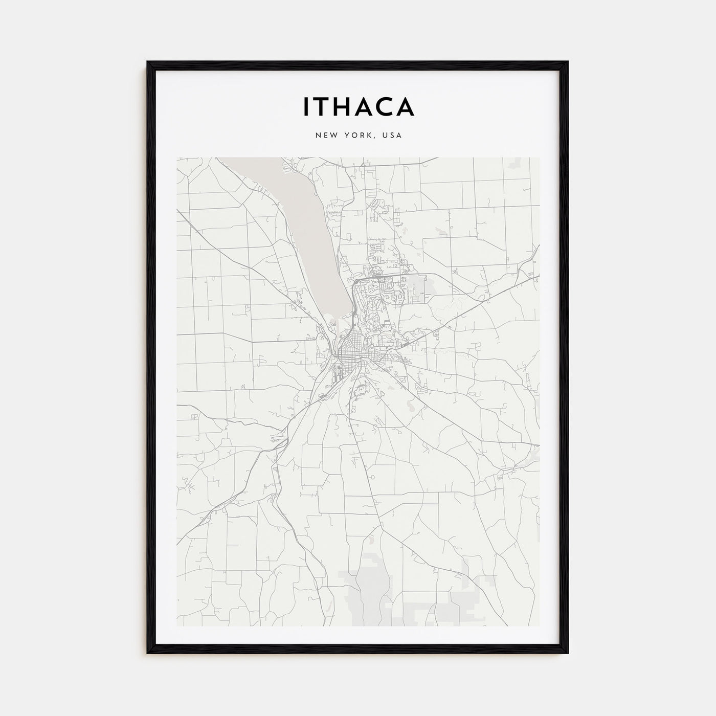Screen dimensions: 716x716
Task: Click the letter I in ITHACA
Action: (x=306, y=106)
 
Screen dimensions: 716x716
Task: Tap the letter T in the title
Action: (x=321, y=106)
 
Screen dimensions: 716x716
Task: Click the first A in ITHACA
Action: (x=364, y=106)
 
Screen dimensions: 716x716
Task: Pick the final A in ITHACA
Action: (x=405, y=106)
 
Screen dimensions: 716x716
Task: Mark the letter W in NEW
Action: (x=333, y=136)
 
